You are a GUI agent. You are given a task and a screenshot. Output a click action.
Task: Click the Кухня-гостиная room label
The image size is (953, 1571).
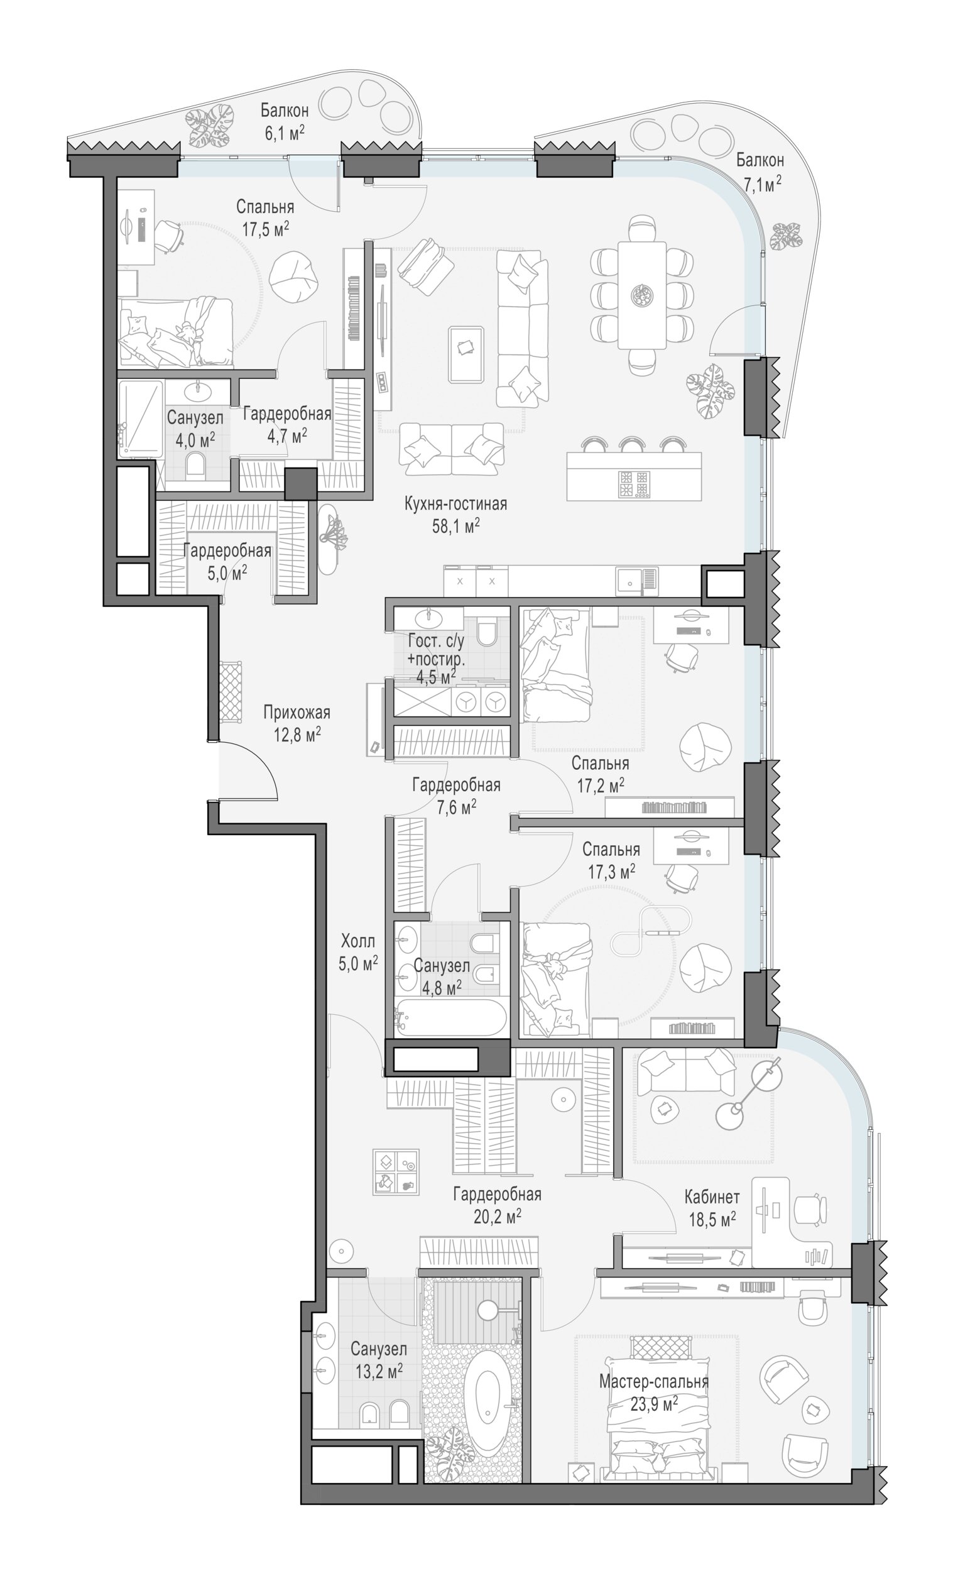(x=455, y=504)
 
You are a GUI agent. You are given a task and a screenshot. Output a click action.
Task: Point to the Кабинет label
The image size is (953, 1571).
(x=712, y=1196)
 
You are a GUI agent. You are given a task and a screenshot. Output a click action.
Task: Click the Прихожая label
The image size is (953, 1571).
(x=297, y=712)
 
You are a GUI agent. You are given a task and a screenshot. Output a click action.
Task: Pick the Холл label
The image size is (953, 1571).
(x=357, y=941)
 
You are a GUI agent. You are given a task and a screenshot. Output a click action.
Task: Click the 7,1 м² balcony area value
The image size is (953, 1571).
(x=761, y=184)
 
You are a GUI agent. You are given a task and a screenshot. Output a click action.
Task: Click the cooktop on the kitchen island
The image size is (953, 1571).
(x=633, y=484)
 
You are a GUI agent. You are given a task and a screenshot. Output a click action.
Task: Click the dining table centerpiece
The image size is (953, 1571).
(x=641, y=295)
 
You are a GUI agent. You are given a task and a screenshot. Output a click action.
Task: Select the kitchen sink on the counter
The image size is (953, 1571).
(x=628, y=580)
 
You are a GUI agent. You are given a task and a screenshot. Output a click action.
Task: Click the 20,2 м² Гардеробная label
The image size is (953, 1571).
(x=497, y=1205)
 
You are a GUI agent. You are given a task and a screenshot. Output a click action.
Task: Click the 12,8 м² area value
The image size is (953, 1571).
(x=297, y=735)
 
